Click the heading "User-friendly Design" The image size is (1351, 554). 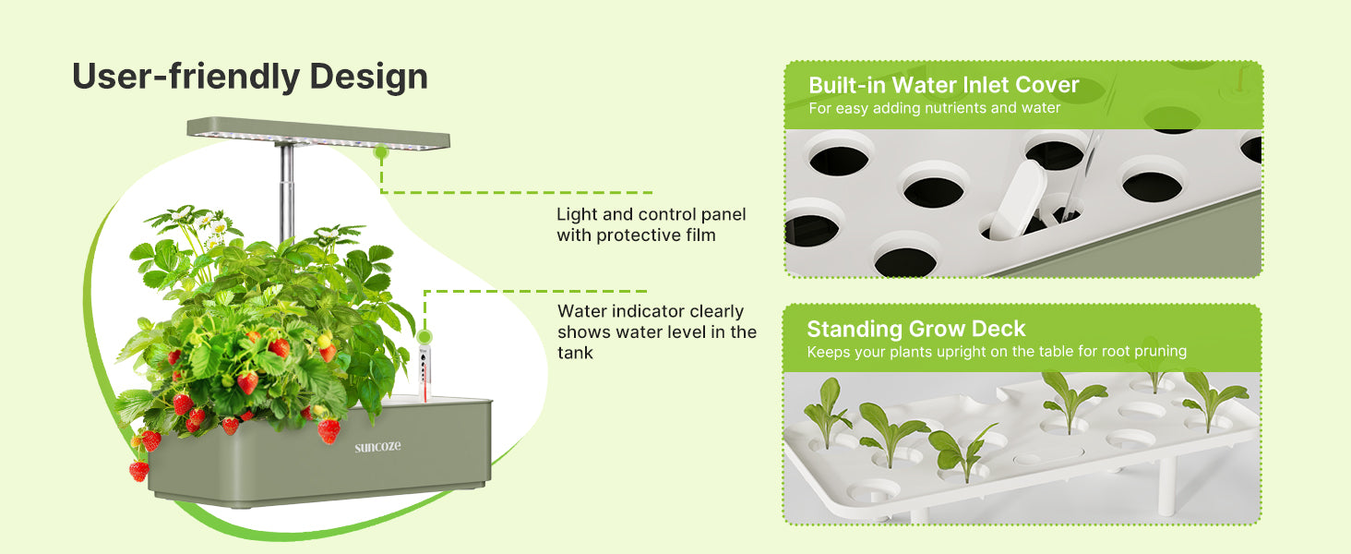[x=250, y=77]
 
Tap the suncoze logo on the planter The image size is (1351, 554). [x=377, y=447]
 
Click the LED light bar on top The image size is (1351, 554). [x=318, y=133]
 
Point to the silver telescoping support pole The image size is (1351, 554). [x=287, y=192]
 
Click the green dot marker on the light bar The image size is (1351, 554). [x=380, y=151]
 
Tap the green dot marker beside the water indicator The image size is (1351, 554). [x=424, y=336]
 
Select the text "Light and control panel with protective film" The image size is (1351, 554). [x=651, y=224]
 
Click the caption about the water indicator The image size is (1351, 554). [x=657, y=331]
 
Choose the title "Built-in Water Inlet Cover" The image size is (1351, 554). [x=943, y=85]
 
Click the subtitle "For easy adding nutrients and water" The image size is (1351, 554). [x=934, y=108]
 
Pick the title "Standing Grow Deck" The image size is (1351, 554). [x=915, y=329]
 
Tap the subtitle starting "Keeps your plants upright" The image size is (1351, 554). [x=997, y=351]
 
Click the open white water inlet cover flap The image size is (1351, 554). [x=1018, y=199]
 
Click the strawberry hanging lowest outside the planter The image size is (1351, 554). [x=138, y=470]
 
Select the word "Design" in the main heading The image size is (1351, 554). [x=368, y=77]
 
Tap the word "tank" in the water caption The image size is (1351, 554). [x=575, y=353]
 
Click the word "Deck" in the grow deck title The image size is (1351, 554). [x=998, y=329]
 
